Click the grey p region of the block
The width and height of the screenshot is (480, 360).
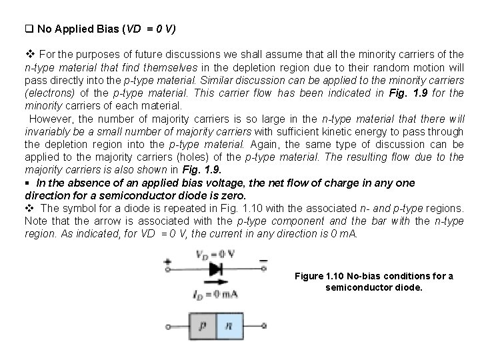[x=203, y=325]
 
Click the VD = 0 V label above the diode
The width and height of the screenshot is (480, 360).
[x=215, y=254]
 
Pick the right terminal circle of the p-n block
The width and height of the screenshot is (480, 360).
[x=265, y=326]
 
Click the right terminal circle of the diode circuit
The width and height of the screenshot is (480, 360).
[x=265, y=269]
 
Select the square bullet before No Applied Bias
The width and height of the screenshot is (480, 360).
[x=28, y=29]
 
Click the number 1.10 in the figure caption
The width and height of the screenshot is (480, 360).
[x=337, y=276]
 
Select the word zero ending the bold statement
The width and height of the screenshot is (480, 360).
[x=233, y=196]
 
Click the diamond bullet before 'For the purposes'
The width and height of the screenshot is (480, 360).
[x=29, y=53]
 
